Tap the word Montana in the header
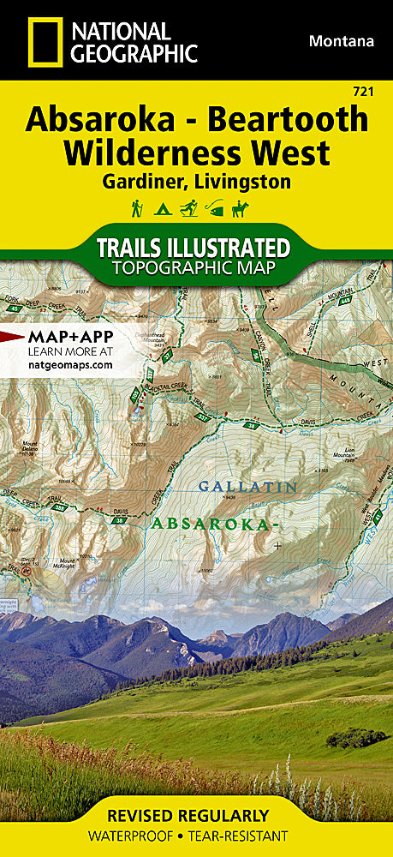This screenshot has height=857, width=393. coord(341,40)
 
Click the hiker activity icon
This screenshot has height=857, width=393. coord(135,208)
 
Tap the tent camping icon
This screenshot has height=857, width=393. coord(159,208)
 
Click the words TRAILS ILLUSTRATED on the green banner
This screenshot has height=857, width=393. coord(194,248)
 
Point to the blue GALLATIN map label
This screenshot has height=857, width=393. coord(247,486)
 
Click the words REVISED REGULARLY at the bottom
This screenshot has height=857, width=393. coord(196,815)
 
